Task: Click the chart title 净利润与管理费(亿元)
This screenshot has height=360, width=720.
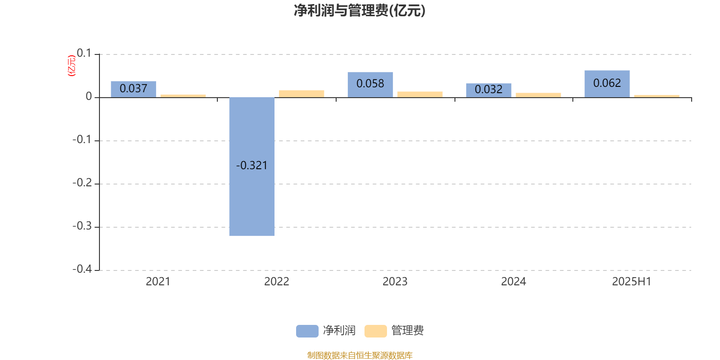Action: pos(360,11)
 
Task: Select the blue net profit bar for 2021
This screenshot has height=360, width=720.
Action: pos(133,90)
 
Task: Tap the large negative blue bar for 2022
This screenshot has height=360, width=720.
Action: pos(252,166)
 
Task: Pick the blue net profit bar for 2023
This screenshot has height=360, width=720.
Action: pos(370,85)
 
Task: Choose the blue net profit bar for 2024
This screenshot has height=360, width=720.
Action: pos(489,90)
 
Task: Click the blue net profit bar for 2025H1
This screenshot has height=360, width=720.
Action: pos(607,84)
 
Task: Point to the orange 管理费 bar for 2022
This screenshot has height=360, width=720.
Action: pos(301,94)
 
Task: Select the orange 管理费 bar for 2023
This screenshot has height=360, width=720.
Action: pos(420,94)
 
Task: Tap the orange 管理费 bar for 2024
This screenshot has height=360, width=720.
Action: pos(538,95)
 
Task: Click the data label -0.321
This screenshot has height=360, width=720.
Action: pos(252,166)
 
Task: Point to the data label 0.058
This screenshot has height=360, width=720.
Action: pos(370,84)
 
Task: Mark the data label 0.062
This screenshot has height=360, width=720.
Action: pos(607,83)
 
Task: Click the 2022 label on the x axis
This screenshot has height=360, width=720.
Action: pos(276,282)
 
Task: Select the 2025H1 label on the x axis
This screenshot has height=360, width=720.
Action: pos(632,282)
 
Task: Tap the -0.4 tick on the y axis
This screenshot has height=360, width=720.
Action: pos(82,269)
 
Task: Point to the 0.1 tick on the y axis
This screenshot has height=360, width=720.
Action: pos(84,53)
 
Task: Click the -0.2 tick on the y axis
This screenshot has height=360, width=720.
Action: pos(82,183)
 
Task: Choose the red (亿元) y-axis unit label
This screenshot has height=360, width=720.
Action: pos(72,66)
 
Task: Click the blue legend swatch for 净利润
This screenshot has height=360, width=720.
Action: pos(307,331)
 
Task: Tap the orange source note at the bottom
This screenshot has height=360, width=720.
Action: pos(360,355)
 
